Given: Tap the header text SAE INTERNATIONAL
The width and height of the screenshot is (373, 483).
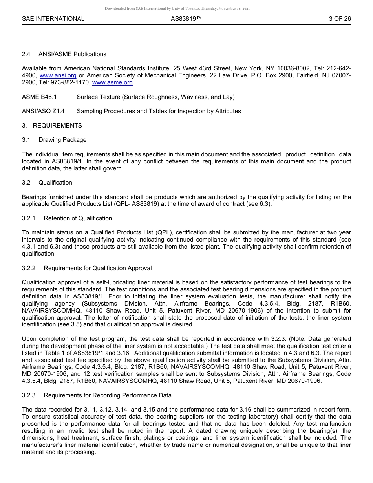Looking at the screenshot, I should (x=53, y=19).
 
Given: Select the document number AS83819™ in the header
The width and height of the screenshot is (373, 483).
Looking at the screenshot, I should (x=186, y=19).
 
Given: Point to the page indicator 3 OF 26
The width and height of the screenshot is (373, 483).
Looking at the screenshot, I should (x=340, y=19).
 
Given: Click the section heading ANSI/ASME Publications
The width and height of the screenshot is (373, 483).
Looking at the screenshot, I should (x=72, y=54).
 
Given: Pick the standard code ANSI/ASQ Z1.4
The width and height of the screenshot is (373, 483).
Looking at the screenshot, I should (x=43, y=111).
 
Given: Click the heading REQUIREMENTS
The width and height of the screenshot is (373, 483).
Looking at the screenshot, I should (x=57, y=126).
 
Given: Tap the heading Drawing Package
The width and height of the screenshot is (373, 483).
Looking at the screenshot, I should (x=62, y=140).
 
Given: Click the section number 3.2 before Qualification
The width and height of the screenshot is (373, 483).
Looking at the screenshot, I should (x=26, y=183).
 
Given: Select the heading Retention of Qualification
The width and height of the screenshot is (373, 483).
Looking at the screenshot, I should (x=78, y=218).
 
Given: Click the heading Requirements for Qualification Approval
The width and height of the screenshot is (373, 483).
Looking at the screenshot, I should (x=98, y=268).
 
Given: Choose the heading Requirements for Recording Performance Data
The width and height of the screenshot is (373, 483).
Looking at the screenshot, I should (x=108, y=395).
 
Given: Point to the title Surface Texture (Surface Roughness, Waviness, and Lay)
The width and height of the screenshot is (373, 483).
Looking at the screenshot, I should (x=155, y=97).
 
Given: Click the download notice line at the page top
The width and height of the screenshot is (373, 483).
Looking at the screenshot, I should (x=177, y=9).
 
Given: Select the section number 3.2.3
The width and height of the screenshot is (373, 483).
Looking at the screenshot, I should (x=29, y=395).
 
